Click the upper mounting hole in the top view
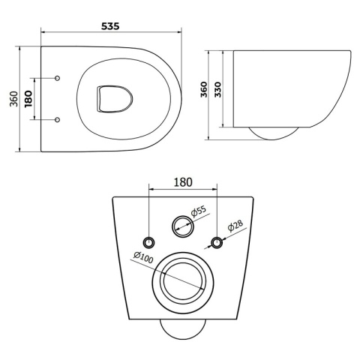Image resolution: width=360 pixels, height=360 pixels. click(58, 77)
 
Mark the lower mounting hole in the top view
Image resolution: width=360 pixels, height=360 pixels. click(58, 119)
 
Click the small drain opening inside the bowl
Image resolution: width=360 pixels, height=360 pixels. click(115, 99)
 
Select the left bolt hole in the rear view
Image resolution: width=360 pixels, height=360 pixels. click(149, 241)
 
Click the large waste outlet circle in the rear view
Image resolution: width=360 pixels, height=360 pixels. click(183, 278)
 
